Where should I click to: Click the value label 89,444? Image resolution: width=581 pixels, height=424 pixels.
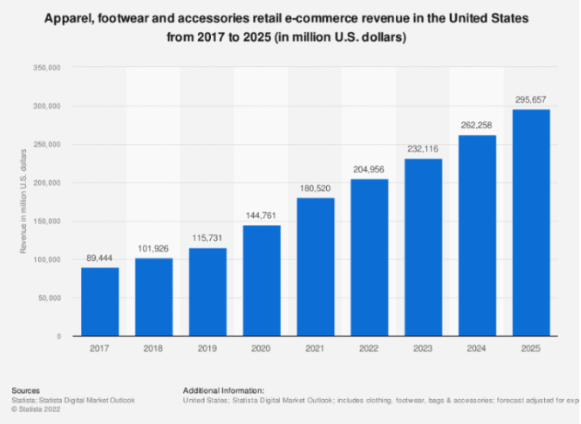100,258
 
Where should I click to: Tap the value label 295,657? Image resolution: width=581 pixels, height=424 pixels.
530,100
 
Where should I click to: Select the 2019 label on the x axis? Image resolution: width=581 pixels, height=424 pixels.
207,349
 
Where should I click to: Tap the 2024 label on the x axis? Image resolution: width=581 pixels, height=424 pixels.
477,349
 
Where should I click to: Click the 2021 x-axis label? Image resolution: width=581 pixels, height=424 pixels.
315,349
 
